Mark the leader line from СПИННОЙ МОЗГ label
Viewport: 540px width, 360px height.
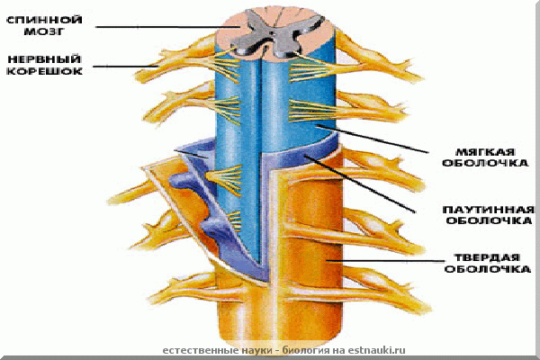(162, 25)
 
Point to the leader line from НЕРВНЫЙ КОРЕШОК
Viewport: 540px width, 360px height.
(135, 66)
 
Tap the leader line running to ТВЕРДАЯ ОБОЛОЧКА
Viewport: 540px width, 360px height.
(387, 262)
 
